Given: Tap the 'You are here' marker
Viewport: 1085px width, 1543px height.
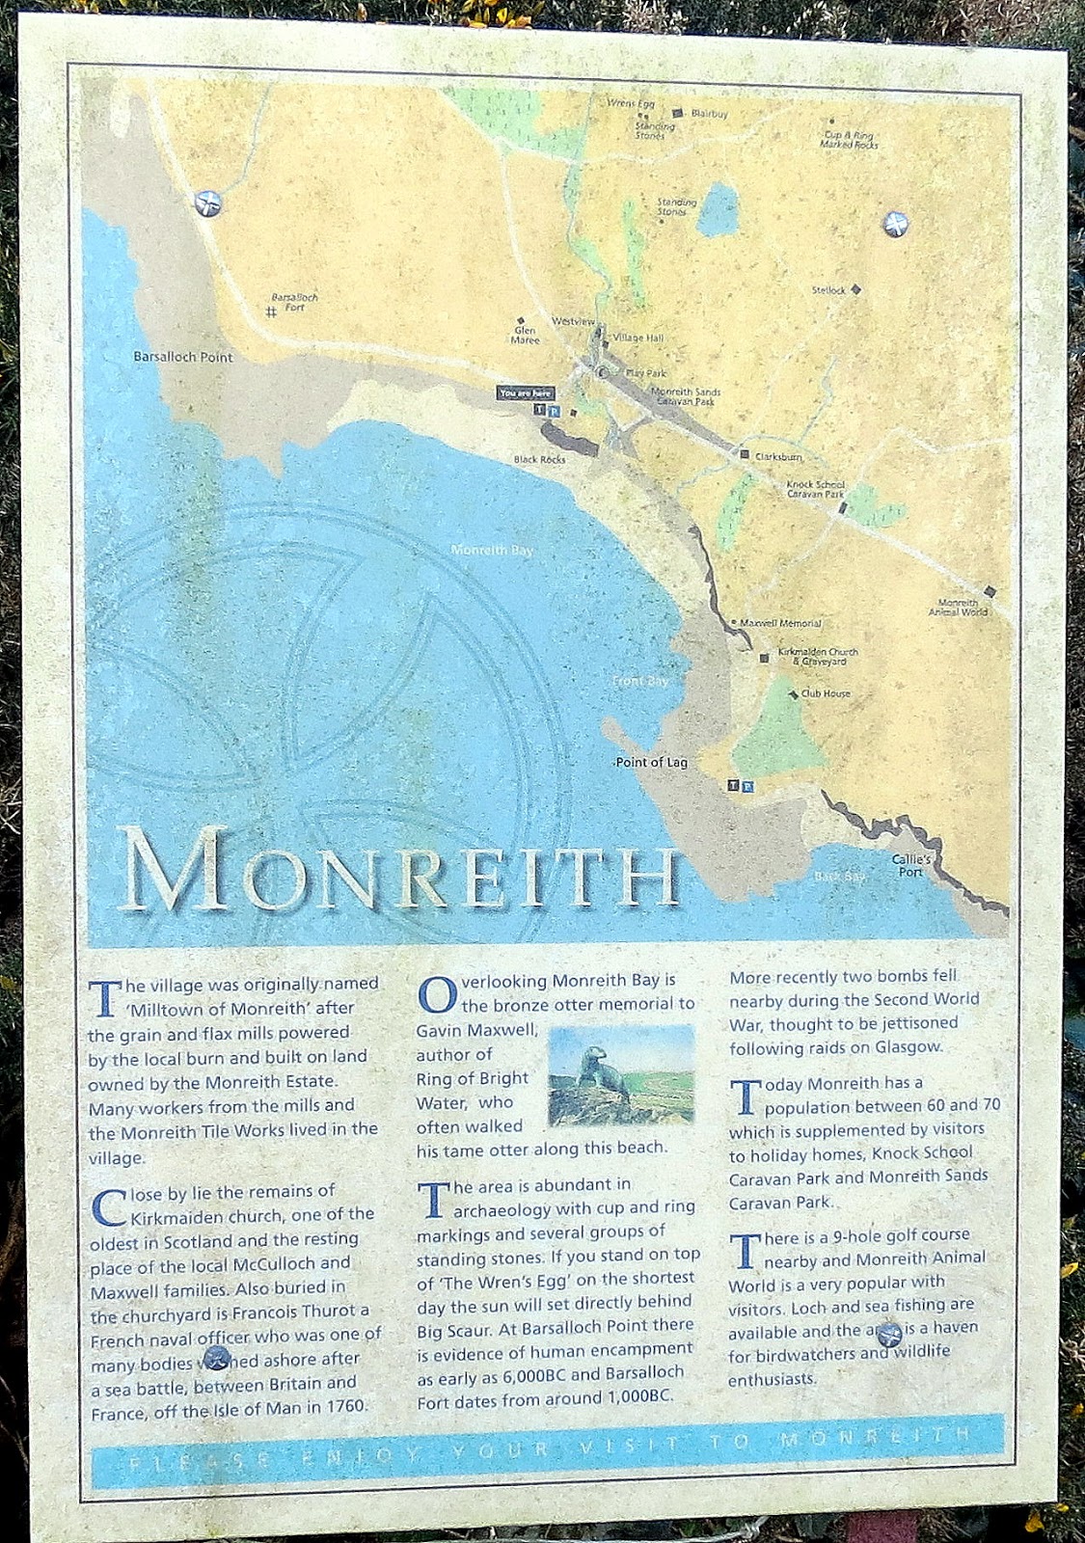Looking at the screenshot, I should [527, 393].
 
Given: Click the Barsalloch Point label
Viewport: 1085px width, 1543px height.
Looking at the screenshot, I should [182, 357].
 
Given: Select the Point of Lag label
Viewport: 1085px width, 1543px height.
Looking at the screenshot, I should [652, 763].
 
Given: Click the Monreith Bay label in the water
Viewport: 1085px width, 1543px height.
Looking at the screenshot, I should [492, 550].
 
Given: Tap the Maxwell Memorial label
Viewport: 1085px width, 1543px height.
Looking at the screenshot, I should [780, 624].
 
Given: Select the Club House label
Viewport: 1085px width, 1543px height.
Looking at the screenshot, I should [825, 693].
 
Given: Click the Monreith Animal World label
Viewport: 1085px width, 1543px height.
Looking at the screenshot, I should [958, 608].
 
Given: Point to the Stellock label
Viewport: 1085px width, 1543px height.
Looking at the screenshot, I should [828, 290].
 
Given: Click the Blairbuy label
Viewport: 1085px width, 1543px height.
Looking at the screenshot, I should [709, 114].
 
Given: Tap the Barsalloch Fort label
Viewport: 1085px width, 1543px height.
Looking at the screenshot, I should [294, 302].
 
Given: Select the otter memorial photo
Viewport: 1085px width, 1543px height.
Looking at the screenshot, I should [621, 1074].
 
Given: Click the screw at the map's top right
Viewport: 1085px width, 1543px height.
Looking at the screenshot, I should [894, 225].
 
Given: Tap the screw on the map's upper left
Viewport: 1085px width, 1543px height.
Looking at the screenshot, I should [207, 203].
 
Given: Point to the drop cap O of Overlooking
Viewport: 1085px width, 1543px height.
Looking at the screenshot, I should [436, 992].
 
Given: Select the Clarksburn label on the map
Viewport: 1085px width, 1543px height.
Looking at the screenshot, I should [777, 456].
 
